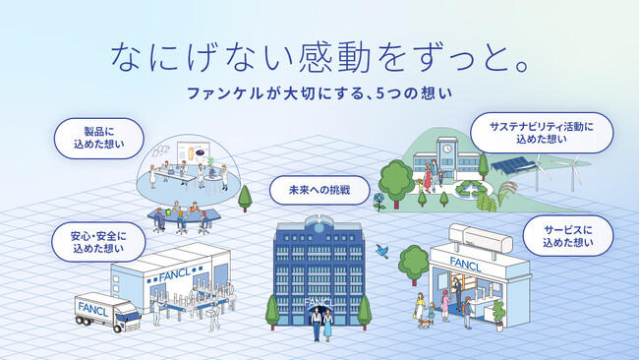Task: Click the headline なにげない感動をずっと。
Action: tap(320, 56)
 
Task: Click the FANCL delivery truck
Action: tap(107, 310)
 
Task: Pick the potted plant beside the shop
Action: tap(498, 314)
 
